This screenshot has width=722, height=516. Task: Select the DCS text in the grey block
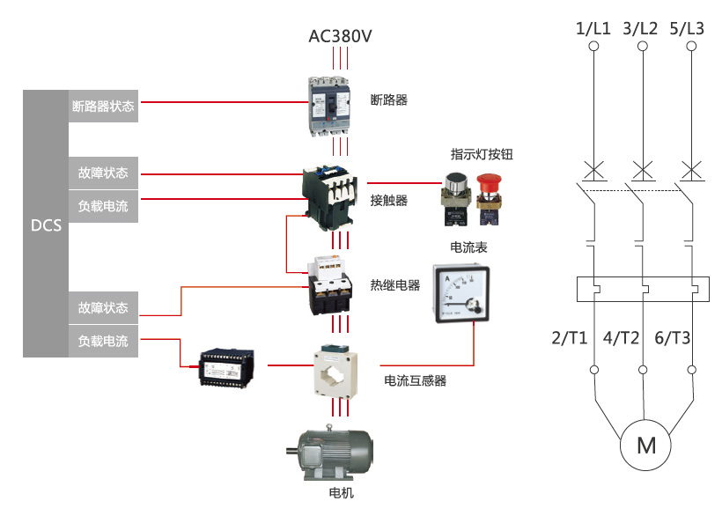point(46,225)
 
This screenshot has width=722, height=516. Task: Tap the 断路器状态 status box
point(103,106)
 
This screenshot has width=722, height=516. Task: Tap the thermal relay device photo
point(330,284)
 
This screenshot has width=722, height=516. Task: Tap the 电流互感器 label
point(416,381)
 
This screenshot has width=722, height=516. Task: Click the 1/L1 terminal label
point(593,29)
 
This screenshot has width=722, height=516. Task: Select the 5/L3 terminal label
point(687,29)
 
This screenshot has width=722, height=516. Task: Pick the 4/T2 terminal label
point(623,337)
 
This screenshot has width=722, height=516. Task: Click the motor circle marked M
point(645,445)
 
